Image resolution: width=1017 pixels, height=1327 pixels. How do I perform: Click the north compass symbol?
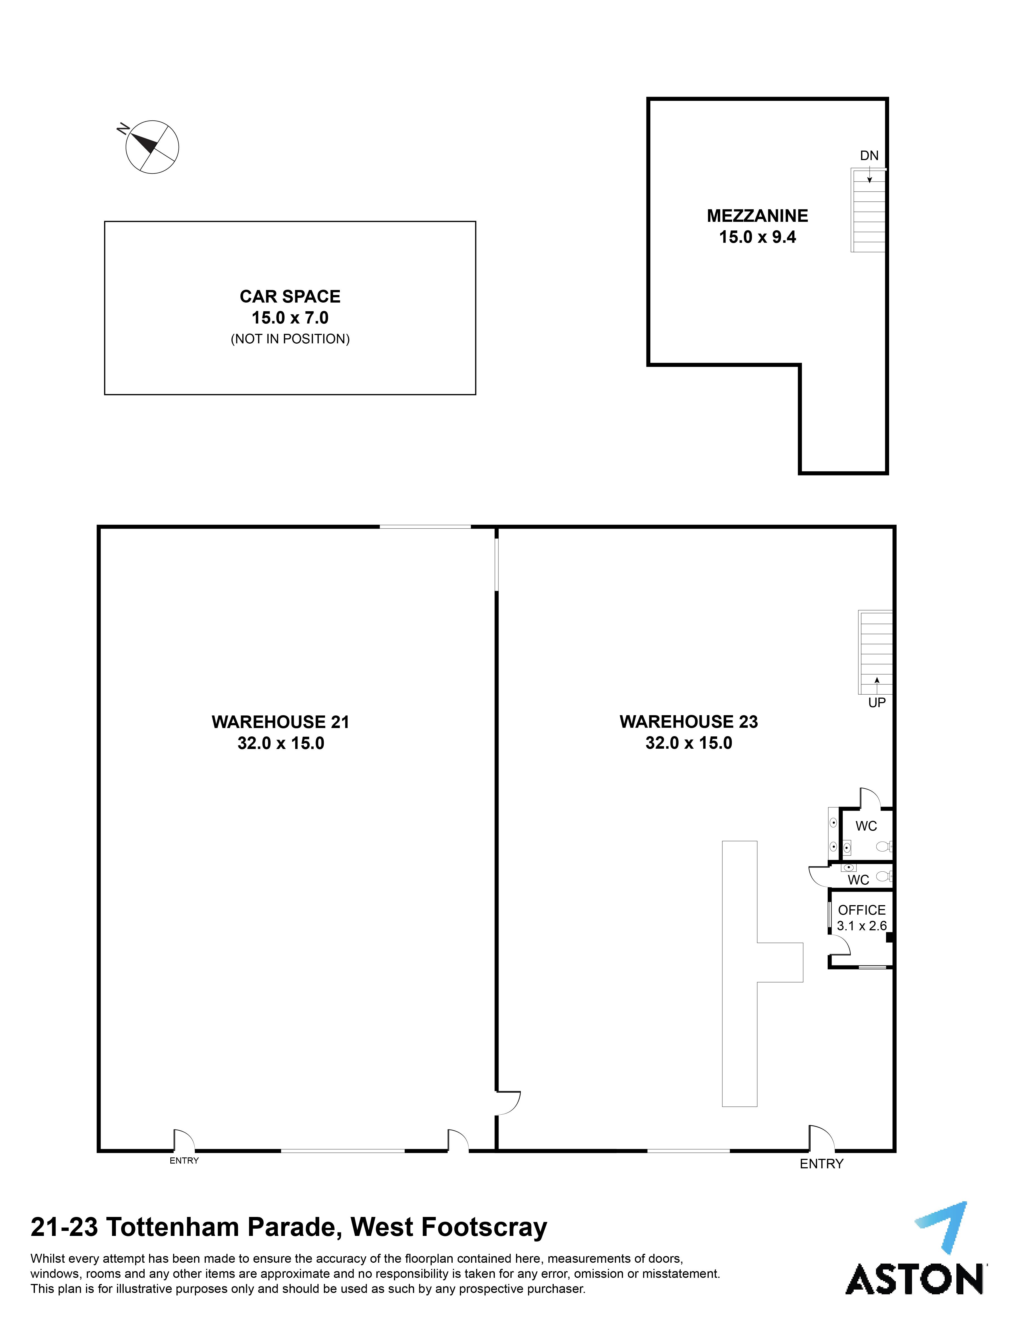(151, 147)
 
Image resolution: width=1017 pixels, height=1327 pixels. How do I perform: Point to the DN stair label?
(869, 156)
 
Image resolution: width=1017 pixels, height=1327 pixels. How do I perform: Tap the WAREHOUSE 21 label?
(280, 722)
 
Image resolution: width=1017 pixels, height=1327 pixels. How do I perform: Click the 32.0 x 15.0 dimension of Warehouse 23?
(689, 743)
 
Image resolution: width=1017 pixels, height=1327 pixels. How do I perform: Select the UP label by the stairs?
(877, 703)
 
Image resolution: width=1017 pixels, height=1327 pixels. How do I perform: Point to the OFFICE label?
(861, 910)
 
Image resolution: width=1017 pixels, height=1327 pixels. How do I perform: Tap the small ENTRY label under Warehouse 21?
(184, 1160)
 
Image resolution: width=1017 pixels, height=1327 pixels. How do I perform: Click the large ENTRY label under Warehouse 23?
(822, 1164)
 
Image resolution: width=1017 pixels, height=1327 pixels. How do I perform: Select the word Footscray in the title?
(484, 1228)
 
